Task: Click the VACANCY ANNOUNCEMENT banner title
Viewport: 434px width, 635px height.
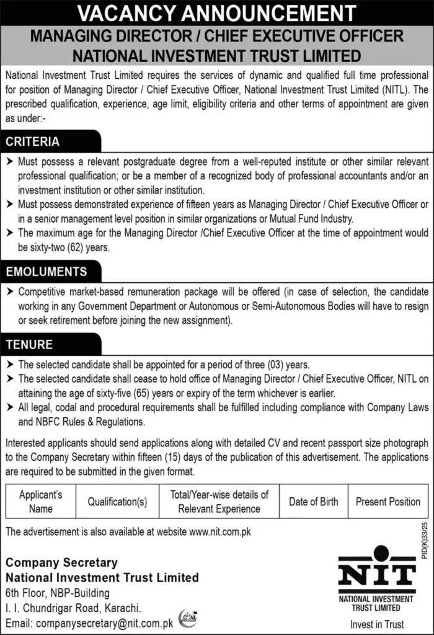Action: [216, 12]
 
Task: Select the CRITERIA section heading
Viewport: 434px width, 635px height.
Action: [33, 142]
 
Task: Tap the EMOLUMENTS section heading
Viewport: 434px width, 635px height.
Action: [46, 272]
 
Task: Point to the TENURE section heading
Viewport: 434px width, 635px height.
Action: [29, 344]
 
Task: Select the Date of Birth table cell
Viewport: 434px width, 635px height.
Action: [314, 502]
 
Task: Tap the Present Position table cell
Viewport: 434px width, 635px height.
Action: [388, 502]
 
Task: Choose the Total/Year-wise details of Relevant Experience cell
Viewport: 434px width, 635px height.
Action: [219, 502]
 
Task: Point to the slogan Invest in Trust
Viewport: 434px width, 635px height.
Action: [376, 624]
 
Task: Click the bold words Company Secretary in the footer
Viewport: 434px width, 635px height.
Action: [61, 562]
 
